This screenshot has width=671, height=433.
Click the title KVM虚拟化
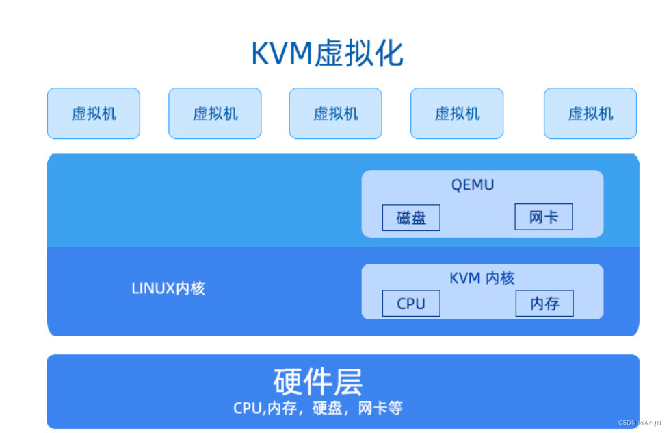point(327,54)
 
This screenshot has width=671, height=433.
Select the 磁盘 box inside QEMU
point(410,218)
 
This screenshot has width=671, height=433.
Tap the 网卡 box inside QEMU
point(543,218)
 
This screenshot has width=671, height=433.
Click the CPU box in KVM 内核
point(410,304)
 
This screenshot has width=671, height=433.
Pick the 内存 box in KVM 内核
point(544,304)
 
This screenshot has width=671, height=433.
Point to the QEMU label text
point(472,184)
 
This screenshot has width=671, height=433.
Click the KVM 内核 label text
point(482,278)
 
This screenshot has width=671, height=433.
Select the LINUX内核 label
point(168,288)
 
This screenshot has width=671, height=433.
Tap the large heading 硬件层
point(317,382)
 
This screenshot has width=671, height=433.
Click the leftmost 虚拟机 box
point(94,114)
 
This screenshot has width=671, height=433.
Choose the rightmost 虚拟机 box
point(590,114)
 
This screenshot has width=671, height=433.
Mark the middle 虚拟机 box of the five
point(335,114)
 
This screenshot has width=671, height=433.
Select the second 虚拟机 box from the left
point(215,114)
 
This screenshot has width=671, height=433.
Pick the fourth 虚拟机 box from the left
point(457,114)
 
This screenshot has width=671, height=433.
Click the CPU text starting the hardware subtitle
point(248,408)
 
